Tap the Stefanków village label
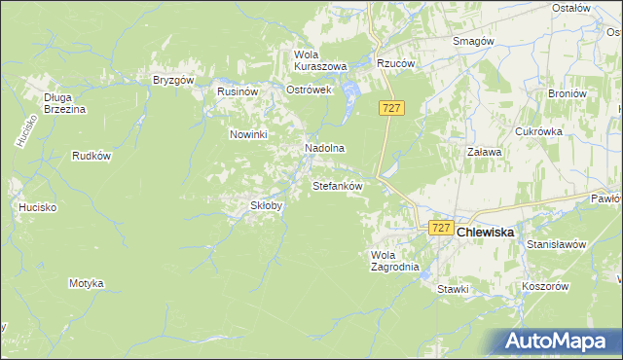(337, 185)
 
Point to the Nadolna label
(325, 148)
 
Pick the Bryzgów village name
(174, 81)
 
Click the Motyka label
(86, 283)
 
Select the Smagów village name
(475, 41)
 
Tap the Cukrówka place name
(539, 131)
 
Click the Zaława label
(484, 153)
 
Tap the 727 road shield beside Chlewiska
(441, 228)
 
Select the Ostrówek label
(310, 90)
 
